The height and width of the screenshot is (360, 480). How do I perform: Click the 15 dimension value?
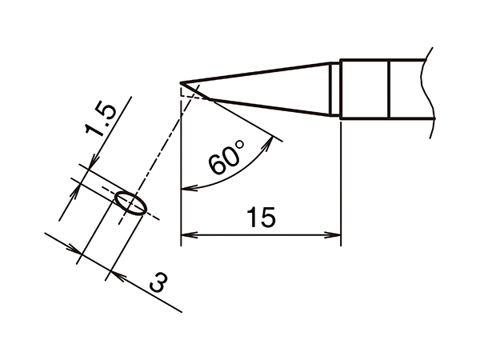pyautogui.click(x=261, y=217)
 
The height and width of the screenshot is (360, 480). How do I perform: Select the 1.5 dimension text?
pyautogui.click(x=101, y=121)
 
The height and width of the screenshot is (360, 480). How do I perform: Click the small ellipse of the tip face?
pyautogui.click(x=130, y=203)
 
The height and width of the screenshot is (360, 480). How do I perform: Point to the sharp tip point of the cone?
pyautogui.click(x=181, y=83)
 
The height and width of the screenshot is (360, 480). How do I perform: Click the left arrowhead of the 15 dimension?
pyautogui.click(x=188, y=235)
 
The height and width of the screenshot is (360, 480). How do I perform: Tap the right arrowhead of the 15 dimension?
pyautogui.click(x=334, y=235)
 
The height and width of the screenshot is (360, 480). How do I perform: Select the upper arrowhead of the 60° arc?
pyautogui.click(x=269, y=142)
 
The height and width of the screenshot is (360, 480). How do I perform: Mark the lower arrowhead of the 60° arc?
pyautogui.click(x=189, y=188)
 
